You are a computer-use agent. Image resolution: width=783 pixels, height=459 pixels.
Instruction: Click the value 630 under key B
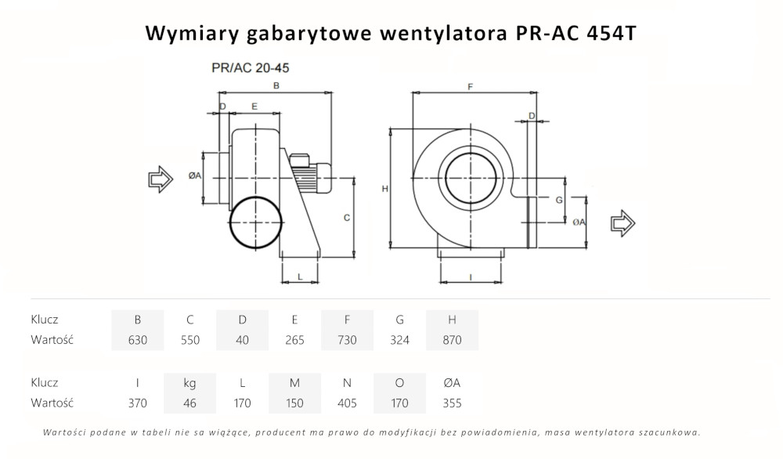coord(138,340)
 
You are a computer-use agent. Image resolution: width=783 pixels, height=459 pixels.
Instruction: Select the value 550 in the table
coord(190,340)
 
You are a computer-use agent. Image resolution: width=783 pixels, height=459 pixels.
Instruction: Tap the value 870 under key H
coord(452,340)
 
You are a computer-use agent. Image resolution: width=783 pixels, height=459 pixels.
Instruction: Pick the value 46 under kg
coord(190,403)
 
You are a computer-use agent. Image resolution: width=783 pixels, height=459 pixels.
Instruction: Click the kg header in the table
coord(190,383)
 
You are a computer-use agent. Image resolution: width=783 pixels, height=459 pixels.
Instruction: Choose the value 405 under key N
coord(347,403)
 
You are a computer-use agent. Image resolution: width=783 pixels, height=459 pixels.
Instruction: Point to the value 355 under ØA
coord(452,403)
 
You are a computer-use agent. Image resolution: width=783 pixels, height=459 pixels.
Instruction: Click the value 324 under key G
coord(399,340)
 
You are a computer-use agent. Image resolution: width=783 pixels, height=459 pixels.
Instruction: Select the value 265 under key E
coord(294,340)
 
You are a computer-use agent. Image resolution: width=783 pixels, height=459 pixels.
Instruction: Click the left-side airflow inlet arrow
coord(161,179)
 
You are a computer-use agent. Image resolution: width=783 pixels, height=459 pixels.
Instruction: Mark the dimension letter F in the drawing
coord(470,86)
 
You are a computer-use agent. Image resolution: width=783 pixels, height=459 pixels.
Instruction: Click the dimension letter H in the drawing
coord(384,189)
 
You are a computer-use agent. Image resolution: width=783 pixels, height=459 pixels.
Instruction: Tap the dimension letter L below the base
coord(300,276)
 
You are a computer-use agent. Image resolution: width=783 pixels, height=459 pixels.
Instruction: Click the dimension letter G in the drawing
coord(558,201)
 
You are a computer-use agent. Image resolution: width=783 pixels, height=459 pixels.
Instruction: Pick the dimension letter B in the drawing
coord(276,85)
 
